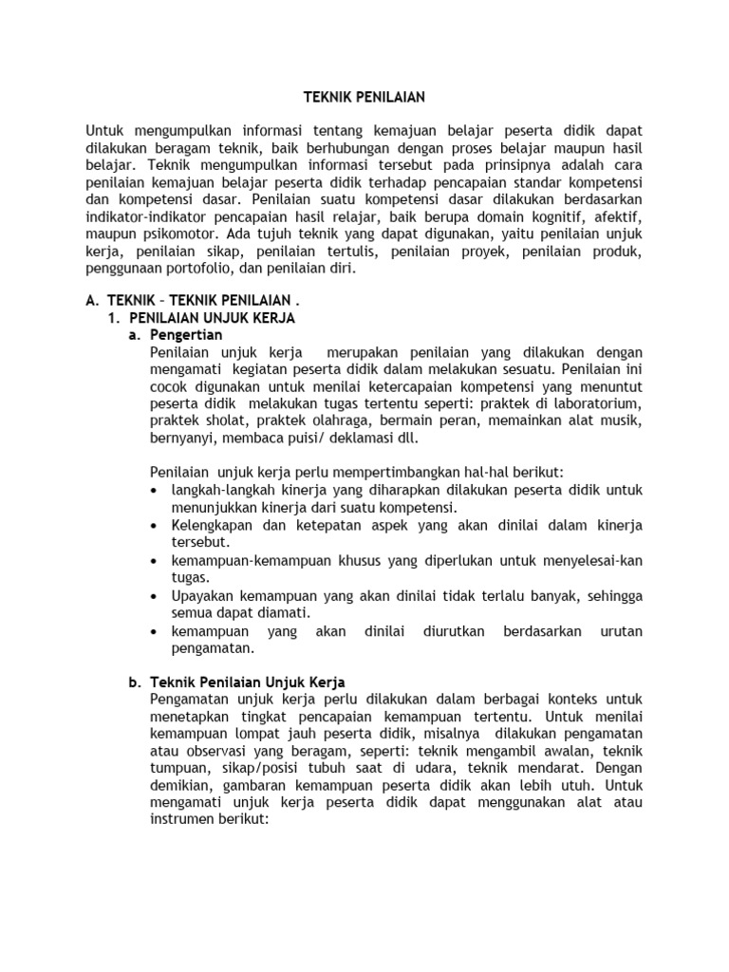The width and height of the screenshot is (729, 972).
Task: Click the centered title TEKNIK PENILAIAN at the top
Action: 364,97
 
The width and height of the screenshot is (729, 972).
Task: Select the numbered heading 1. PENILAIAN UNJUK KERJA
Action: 204,318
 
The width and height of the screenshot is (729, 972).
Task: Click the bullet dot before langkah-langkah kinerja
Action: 156,491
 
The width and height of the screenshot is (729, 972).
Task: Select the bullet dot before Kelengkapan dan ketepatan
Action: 156,525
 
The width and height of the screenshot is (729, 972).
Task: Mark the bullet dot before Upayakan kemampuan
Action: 156,594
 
